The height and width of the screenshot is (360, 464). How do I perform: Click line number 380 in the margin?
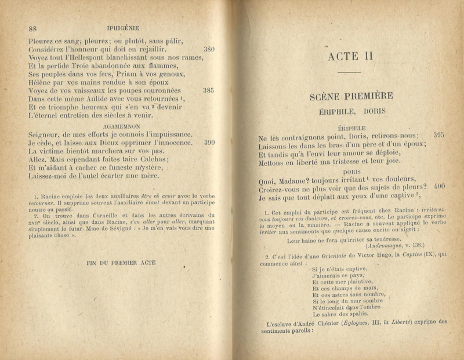[x=209, y=50]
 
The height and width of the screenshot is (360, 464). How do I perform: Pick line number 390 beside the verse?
[x=209, y=142]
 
